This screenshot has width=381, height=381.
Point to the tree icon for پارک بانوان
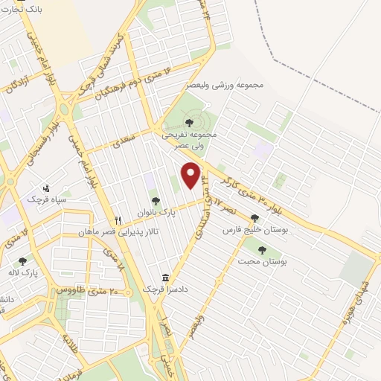pyautogui.click(x=155, y=200)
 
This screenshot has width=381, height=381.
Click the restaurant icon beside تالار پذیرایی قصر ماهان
pyautogui.click(x=118, y=220)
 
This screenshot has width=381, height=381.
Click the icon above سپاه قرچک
pyautogui.click(x=46, y=188)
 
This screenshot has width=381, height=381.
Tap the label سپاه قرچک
pyautogui.click(x=47, y=200)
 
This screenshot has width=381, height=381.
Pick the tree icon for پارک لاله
pyautogui.click(x=22, y=261)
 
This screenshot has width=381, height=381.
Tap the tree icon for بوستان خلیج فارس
pyautogui.click(x=254, y=219)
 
